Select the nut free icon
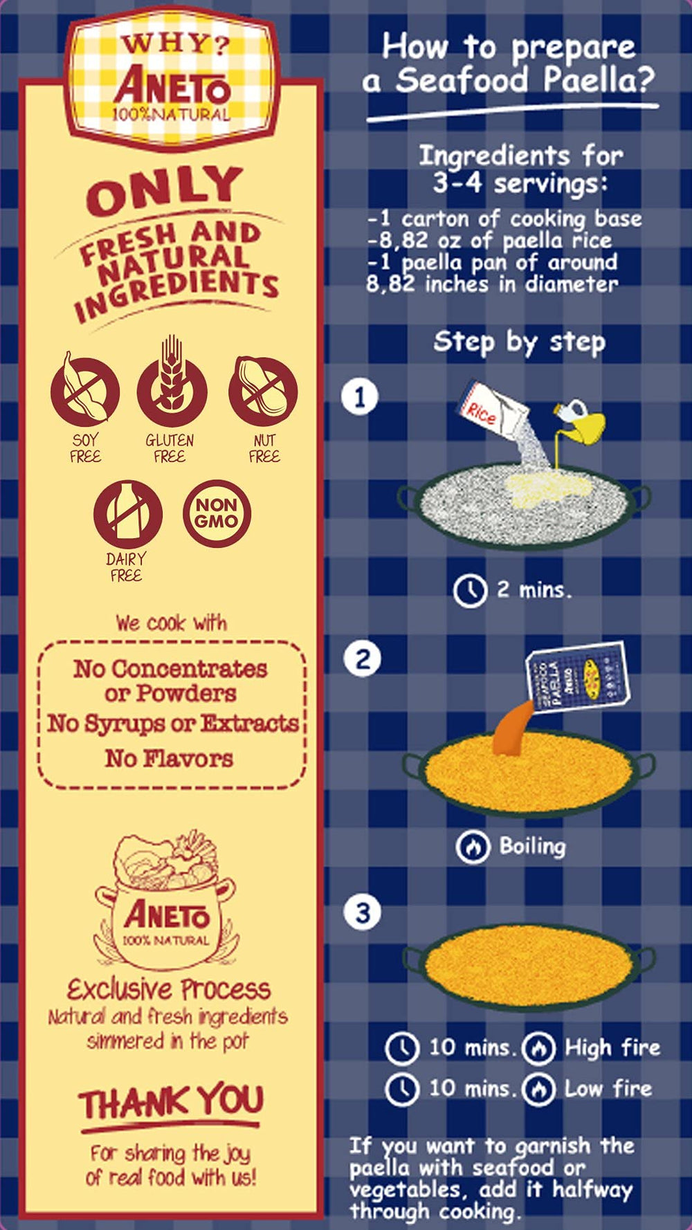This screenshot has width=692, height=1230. point(263,391)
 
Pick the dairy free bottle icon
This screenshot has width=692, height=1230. point(128,514)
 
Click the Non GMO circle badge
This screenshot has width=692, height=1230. point(217,513)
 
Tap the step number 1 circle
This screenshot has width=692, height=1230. point(360,397)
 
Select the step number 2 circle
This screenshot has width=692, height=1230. point(363,659)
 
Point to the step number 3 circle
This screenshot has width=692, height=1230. point(363,912)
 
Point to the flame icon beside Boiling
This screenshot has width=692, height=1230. point(473,847)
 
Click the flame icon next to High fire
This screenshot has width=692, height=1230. point(539,1048)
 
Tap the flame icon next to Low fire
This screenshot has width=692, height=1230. point(539,1089)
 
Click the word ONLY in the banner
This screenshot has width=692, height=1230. point(165,190)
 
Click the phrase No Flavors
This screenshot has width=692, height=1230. point(170,758)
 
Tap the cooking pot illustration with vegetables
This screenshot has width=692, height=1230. point(166,900)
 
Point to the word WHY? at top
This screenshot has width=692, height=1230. point(175,44)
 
